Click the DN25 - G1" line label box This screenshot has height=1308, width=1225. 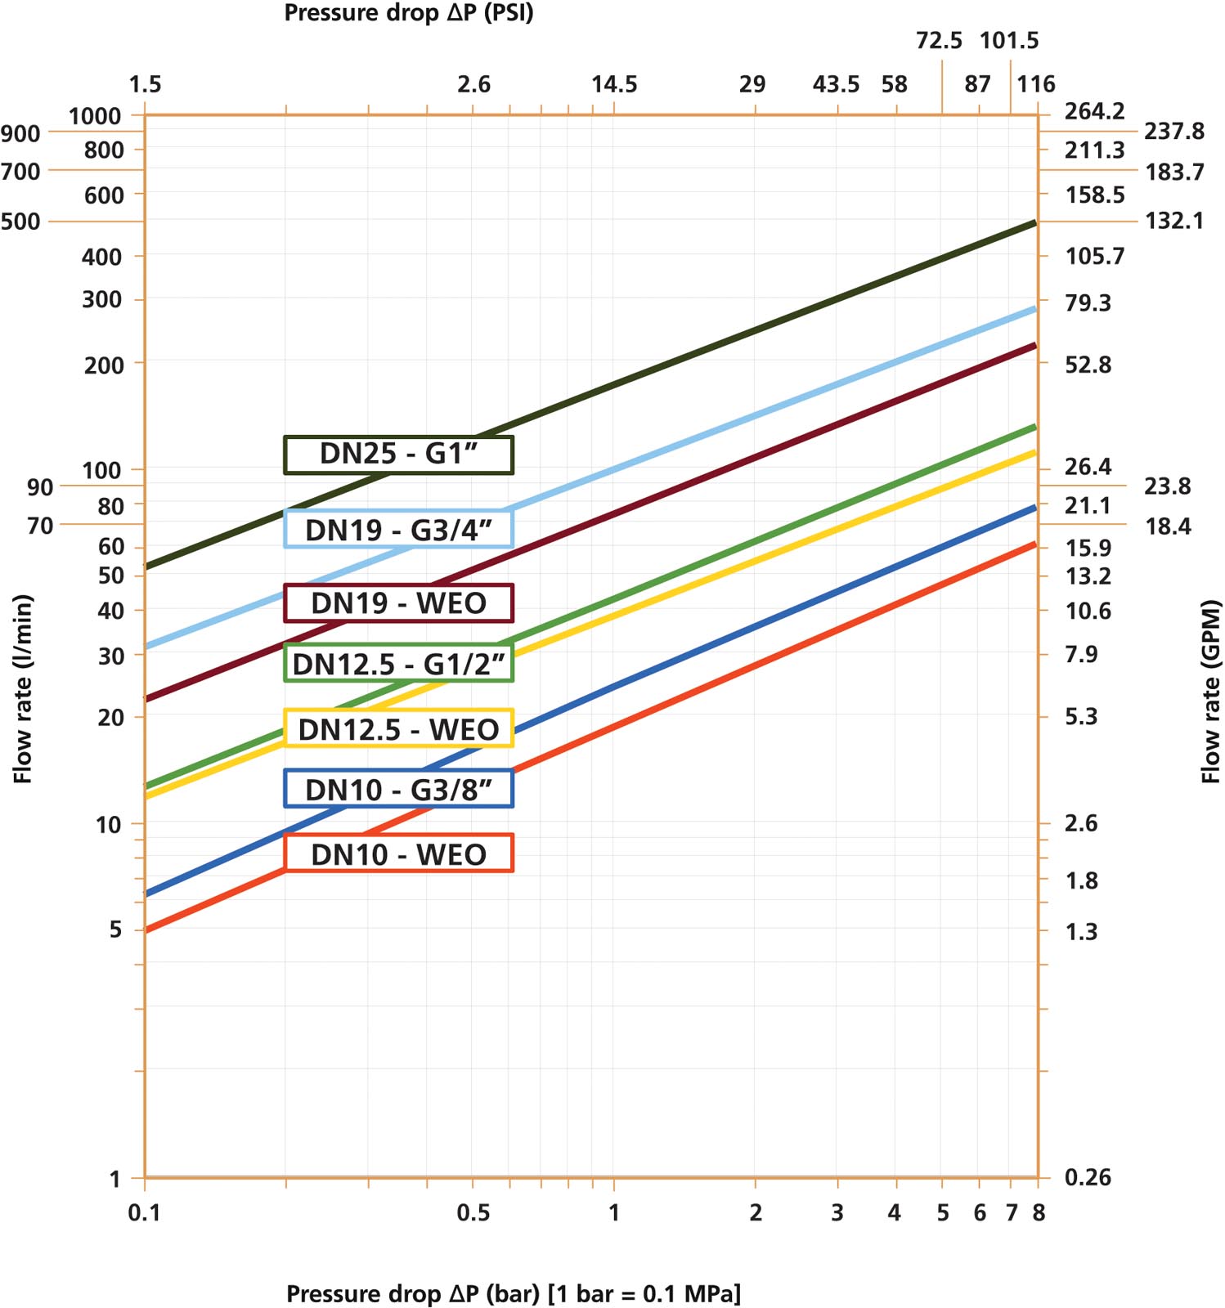click(x=398, y=455)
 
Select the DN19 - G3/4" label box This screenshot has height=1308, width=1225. click(x=398, y=530)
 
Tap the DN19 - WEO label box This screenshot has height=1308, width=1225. click(x=398, y=603)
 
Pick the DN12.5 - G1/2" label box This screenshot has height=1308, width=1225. click(x=398, y=664)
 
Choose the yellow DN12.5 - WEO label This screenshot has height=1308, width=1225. click(x=398, y=728)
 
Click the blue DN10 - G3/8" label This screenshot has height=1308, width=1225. click(x=398, y=790)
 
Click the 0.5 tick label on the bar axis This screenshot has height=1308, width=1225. click(x=473, y=1212)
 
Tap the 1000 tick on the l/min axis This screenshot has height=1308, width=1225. click(x=95, y=116)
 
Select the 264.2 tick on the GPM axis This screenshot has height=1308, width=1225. click(x=1094, y=111)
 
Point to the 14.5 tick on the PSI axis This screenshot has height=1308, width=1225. click(x=614, y=84)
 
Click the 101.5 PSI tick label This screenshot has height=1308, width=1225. click(x=1009, y=40)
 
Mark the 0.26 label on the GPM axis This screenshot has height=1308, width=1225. click(x=1088, y=1177)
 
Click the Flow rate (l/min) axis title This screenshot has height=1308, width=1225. click(x=23, y=688)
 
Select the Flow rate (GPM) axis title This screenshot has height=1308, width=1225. click(x=1210, y=692)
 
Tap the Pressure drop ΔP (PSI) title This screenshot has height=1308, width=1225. click(x=409, y=13)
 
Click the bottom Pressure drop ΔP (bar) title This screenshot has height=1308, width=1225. click(x=514, y=1293)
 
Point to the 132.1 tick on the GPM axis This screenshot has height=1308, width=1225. click(x=1174, y=221)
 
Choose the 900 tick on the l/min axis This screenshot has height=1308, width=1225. click(x=20, y=133)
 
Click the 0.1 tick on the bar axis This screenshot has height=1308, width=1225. click(x=144, y=1212)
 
